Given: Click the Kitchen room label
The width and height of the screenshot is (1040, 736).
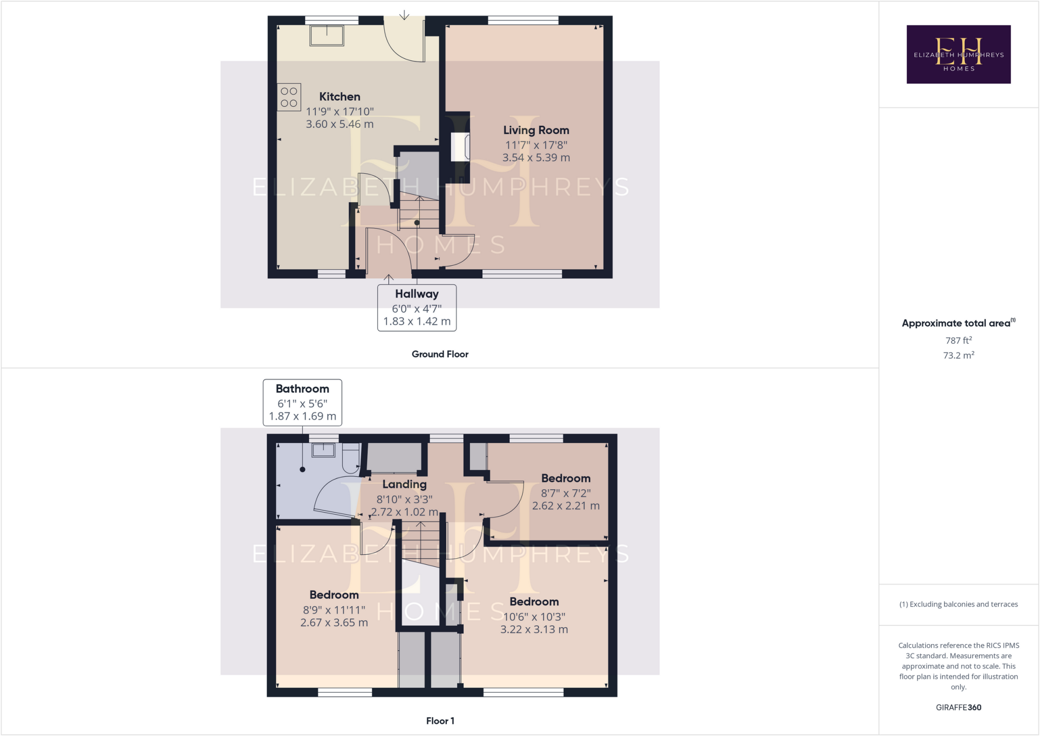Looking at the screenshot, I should coord(340,97).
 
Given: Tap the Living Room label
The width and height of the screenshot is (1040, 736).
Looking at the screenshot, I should coord(536,131).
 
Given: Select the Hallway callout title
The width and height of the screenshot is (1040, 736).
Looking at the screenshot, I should coord(417,294).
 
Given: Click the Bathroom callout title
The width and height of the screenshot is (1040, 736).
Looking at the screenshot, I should coord(302,389).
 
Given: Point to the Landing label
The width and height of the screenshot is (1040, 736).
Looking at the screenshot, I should coord(404,484).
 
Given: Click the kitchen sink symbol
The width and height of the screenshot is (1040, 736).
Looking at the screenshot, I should coord(327,36).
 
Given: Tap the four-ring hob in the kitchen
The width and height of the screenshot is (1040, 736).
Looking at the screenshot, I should coord(289,97).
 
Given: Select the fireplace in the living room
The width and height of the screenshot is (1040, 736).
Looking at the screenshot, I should coord(460,147).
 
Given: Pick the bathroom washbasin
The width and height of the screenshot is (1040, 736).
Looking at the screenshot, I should coord(323,450).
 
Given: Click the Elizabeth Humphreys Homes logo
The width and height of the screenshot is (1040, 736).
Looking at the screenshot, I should coord(958,54).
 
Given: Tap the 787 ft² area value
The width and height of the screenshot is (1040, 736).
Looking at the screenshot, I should coord(958,340).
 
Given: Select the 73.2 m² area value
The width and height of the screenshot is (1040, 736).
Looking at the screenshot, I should coord(958,355).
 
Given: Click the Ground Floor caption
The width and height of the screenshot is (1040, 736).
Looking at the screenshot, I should coord(440,354).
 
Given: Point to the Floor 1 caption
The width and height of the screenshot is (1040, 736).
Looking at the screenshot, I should coord(440,721).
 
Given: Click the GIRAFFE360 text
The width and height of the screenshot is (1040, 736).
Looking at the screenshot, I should coord(958,707).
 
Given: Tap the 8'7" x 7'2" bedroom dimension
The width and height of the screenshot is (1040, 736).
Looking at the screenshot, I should coord(566,493).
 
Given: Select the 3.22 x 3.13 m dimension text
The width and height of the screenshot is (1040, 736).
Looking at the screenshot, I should coord(534,629).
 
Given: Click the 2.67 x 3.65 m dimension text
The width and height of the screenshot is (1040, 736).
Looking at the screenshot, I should coord(334,622).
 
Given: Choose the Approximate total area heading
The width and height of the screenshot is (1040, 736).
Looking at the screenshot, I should coord(957,323).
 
